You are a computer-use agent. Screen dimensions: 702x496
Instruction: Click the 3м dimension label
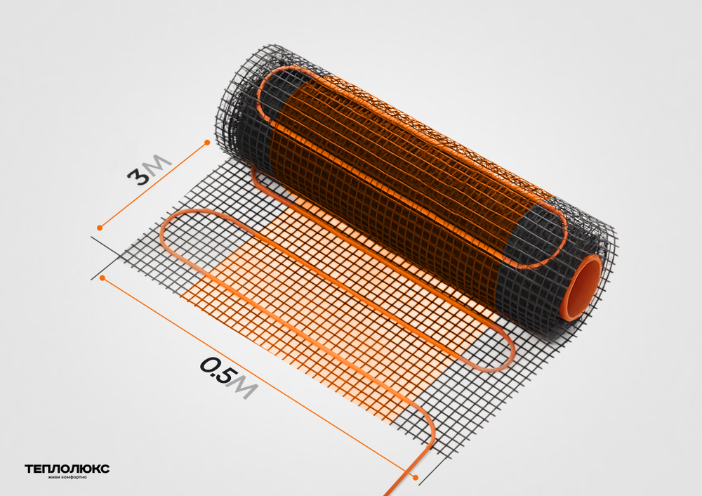149,170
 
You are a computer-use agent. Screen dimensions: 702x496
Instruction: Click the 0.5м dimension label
229,377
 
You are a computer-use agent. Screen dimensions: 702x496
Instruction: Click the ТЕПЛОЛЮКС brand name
67,469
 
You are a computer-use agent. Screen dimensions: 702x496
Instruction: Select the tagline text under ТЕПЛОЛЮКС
67,477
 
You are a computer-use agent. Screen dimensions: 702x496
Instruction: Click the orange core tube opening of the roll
581,287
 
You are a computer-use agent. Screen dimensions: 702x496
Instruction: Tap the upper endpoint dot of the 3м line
207,143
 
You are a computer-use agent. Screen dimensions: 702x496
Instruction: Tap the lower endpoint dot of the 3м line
100,228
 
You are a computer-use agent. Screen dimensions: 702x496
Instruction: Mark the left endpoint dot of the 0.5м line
102,278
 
